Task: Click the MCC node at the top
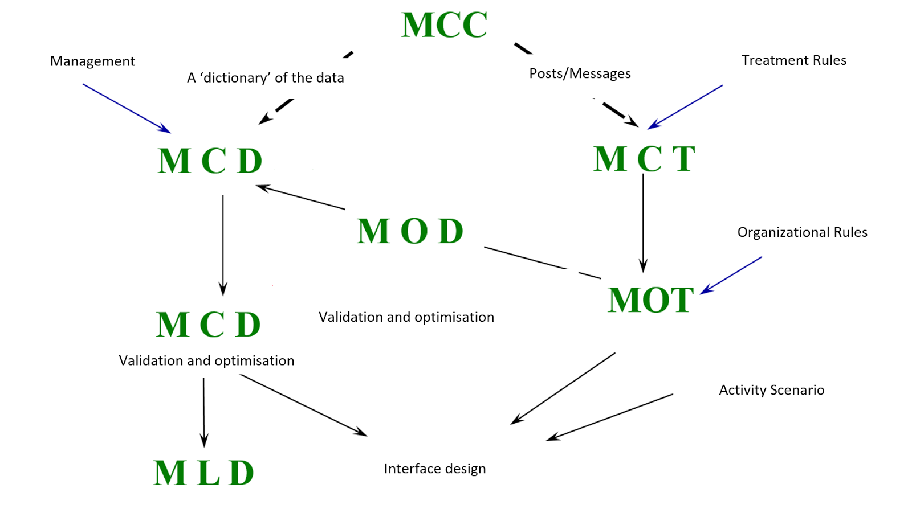tap(444, 25)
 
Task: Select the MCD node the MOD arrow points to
tap(210, 161)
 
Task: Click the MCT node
tap(644, 158)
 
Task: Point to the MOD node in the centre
tap(410, 231)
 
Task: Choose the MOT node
tap(650, 300)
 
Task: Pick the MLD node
tap(203, 473)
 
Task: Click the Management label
tap(92, 61)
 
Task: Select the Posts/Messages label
tap(580, 73)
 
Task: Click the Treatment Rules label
tap(793, 60)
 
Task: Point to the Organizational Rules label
tap(802, 232)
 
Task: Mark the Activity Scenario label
tap(771, 390)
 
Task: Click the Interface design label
tap(435, 469)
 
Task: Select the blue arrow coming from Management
tap(127, 109)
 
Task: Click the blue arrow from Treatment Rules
tap(685, 107)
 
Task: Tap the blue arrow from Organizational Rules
tap(731, 275)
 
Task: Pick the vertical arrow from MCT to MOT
tap(643, 222)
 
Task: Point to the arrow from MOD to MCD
tap(300, 198)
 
